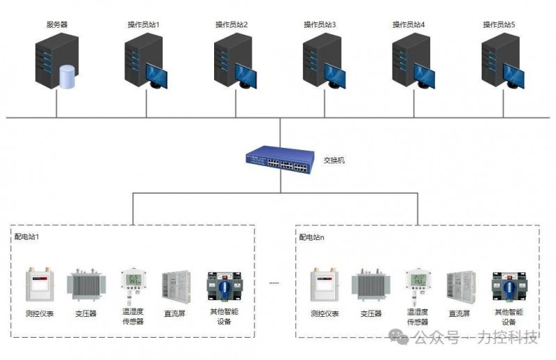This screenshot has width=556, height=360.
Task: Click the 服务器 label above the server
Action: coord(57,24)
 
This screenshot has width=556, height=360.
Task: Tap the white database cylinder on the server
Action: coord(67,76)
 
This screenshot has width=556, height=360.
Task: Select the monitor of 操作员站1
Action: coord(157,76)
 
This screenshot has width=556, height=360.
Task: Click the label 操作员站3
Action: coord(320,24)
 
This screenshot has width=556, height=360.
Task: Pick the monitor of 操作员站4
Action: coord(424,76)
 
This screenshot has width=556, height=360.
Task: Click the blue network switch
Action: coord(280,160)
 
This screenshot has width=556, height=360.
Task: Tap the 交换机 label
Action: coord(334,161)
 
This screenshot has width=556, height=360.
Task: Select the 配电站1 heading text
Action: coord(26,236)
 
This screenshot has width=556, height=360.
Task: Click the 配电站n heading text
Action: coord(311,237)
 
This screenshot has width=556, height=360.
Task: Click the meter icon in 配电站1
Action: coord(40,284)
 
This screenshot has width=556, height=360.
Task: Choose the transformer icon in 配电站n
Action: coord(371,285)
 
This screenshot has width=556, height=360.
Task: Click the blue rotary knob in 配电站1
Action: coord(224,286)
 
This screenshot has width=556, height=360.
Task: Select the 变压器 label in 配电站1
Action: coord(85,313)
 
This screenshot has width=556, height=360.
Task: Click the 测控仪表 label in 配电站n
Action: coord(325,313)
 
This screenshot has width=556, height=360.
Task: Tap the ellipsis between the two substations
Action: coord(274,283)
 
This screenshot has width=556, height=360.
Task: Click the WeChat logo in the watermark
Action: coord(398,336)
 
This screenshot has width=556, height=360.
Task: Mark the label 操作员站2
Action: coord(231,24)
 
